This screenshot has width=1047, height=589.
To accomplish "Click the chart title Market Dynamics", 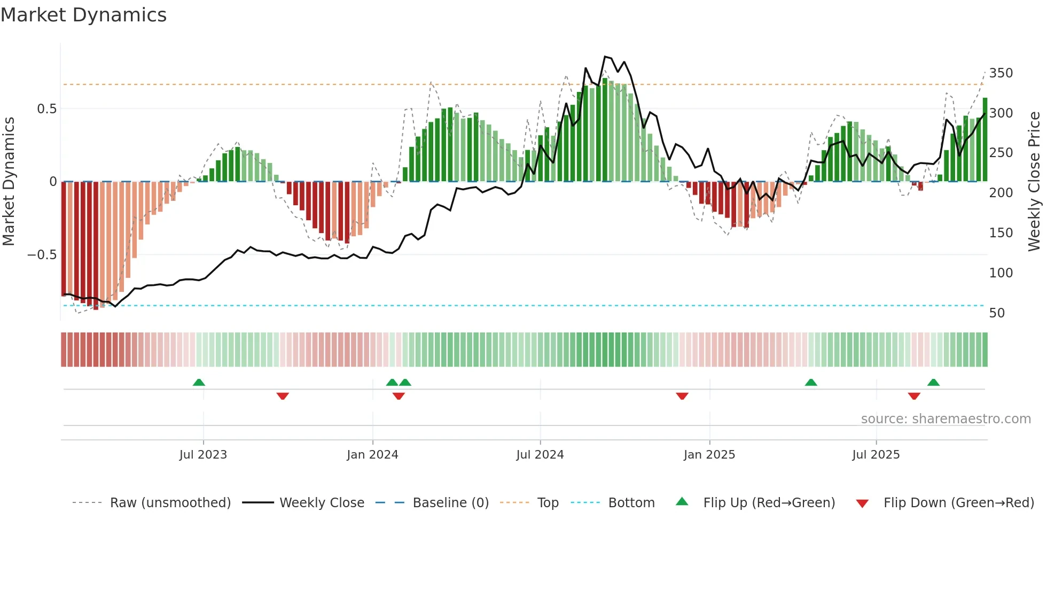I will click(x=84, y=15).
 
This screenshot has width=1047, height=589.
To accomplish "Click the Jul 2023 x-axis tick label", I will click(x=203, y=455).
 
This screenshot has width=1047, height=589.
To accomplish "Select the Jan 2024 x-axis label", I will click(x=372, y=455).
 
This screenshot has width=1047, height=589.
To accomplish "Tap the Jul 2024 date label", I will click(x=540, y=455).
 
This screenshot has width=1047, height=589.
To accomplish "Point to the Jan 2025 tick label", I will click(x=709, y=455).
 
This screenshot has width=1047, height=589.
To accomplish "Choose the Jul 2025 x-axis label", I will click(x=876, y=455).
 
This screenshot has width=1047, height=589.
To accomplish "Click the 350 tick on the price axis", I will click(x=1001, y=73).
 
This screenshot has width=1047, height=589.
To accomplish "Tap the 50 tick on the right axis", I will click(x=997, y=313).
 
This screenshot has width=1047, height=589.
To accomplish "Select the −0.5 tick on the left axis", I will click(x=42, y=255).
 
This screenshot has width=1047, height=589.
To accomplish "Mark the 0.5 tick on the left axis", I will click(x=46, y=109).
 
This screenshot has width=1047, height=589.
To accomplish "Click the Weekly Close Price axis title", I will click(x=1034, y=182).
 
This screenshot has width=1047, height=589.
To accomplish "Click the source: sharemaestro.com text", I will click(x=946, y=419).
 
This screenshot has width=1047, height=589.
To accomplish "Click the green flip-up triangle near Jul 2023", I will click(x=199, y=382).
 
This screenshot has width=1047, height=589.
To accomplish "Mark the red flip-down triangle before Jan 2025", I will click(x=682, y=396).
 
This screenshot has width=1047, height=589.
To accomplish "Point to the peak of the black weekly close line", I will click(x=605, y=56).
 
